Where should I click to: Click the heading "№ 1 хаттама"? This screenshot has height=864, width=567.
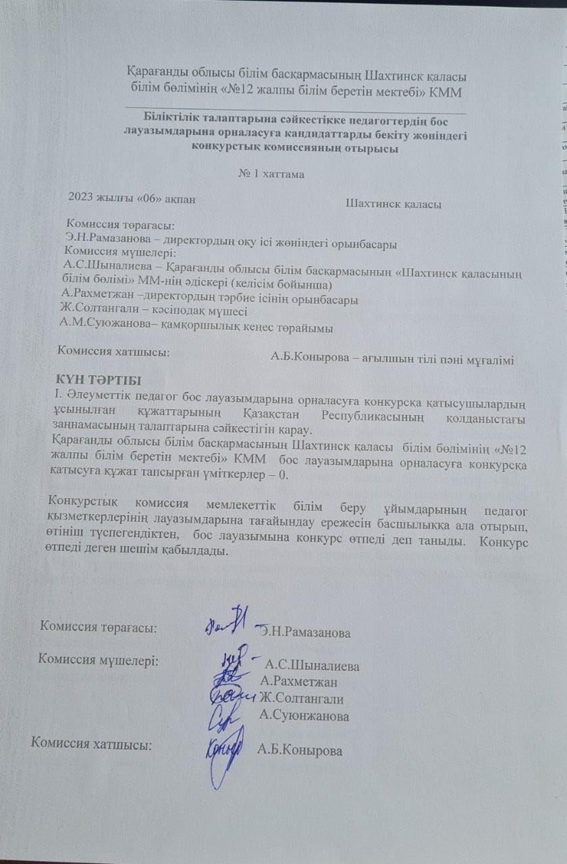[x=271, y=174]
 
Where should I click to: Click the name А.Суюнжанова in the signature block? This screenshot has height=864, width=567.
[x=304, y=716]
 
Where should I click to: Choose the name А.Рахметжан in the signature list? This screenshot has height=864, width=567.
[x=298, y=681]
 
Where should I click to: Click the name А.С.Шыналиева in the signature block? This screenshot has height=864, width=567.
[x=313, y=666]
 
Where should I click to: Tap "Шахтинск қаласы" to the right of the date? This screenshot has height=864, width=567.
[x=393, y=203]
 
